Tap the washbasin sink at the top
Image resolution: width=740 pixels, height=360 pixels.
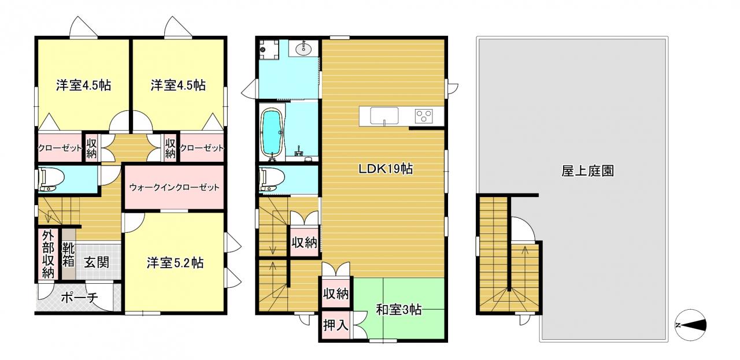point(304,49)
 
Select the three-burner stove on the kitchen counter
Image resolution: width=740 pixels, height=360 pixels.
point(424,116)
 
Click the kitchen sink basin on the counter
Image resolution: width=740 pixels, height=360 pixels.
point(384,116)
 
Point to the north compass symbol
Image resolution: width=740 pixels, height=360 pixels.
point(691,325)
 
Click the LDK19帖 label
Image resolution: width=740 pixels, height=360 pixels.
point(386,169)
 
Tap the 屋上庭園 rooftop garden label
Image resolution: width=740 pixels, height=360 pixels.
point(588,171)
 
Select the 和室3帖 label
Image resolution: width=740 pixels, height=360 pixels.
point(399,310)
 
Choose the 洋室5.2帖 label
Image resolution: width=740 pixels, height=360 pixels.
point(175,263)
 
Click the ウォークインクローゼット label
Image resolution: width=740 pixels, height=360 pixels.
point(174,188)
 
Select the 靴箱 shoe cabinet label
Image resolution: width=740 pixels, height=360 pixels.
point(68,255)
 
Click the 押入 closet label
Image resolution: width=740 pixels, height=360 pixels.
point(336,326)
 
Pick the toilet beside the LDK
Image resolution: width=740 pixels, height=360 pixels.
point(272,180)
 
